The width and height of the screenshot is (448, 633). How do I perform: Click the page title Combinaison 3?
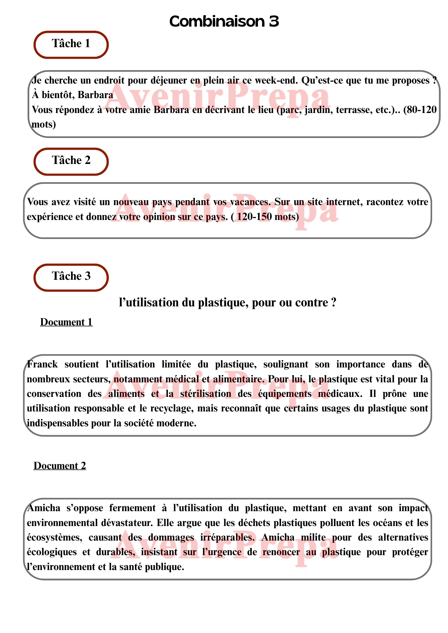click(x=224, y=22)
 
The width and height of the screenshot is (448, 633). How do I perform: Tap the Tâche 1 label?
click(x=71, y=44)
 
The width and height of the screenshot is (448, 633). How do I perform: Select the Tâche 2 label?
click(x=71, y=160)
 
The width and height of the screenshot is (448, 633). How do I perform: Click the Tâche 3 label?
click(x=71, y=276)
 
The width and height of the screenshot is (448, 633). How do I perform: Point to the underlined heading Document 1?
click(x=66, y=322)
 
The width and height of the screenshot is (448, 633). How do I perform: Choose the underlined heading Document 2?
click(x=60, y=466)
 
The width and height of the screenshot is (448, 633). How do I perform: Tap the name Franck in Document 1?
click(x=42, y=364)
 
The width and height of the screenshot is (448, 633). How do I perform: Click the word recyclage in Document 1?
click(x=171, y=408)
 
